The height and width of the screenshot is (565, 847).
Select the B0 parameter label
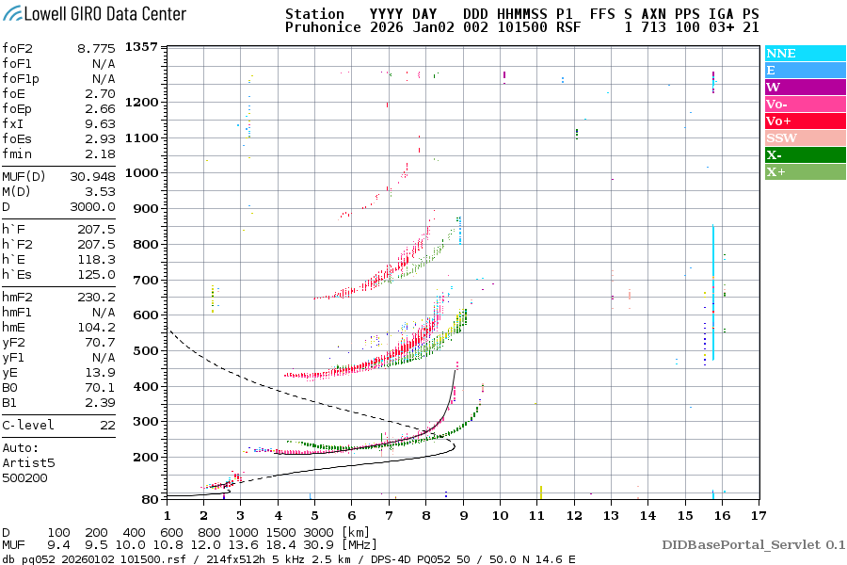pyautogui.click(x=10, y=387)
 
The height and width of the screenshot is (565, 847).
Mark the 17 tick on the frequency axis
pyautogui.click(x=758, y=515)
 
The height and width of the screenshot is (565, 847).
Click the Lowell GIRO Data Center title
pyautogui.click(x=94, y=14)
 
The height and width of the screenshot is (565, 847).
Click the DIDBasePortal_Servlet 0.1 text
pyautogui.click(x=753, y=544)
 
